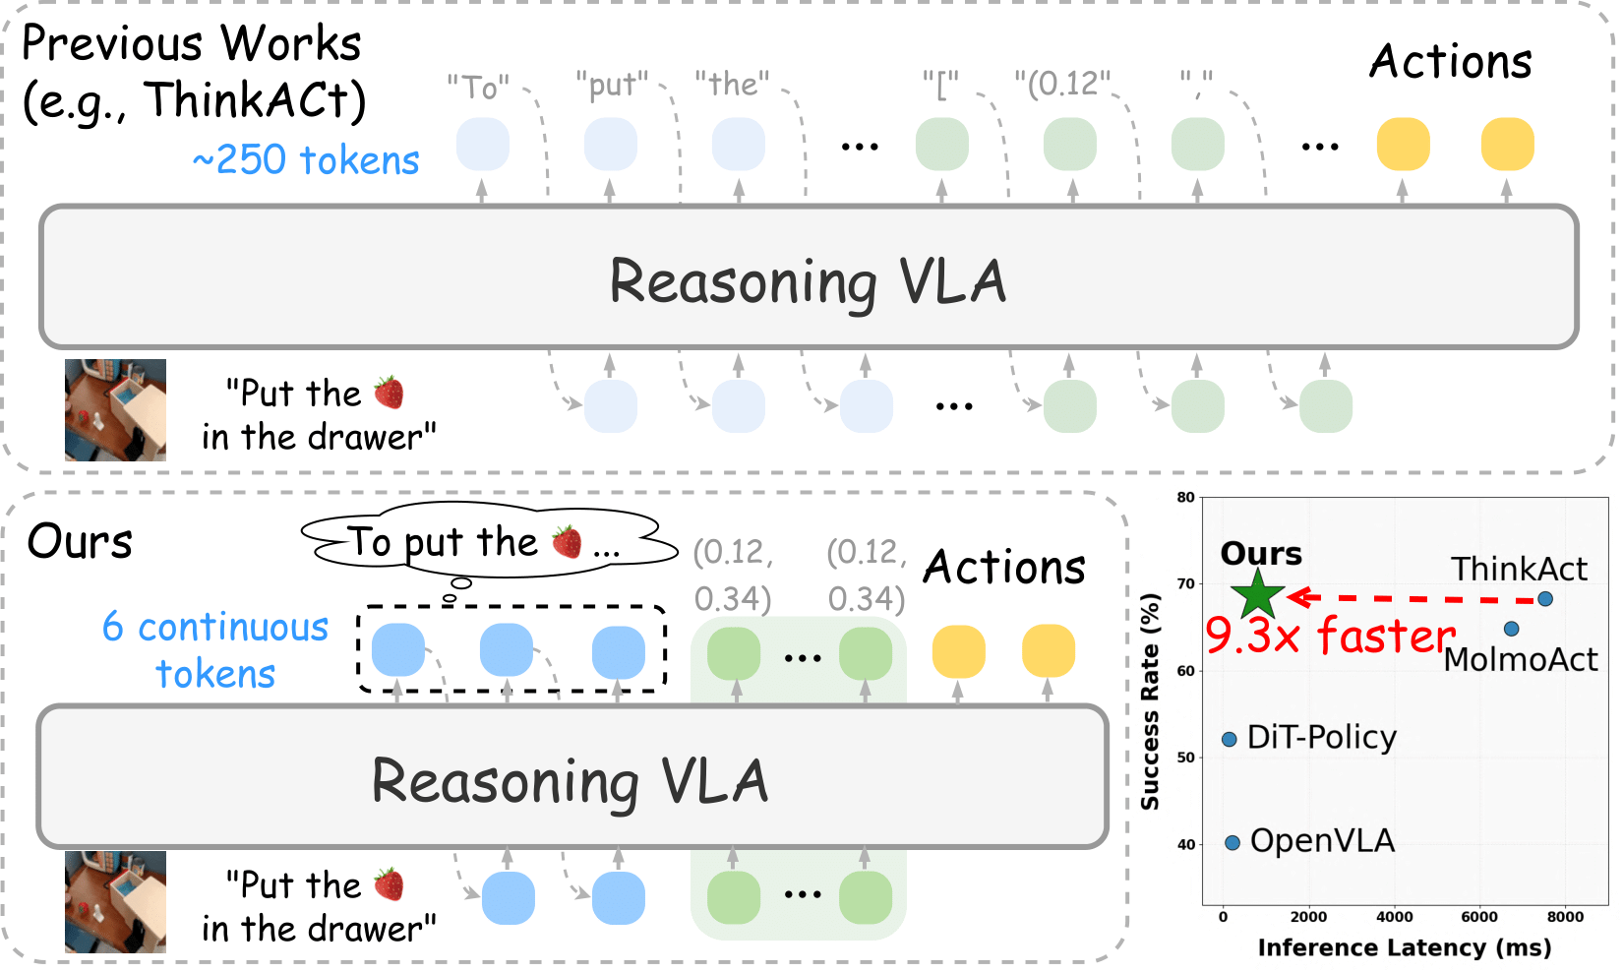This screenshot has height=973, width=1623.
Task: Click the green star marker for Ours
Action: click(1257, 594)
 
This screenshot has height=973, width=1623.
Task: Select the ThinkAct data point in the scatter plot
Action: click(1545, 599)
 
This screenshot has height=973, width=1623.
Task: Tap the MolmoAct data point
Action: click(1512, 629)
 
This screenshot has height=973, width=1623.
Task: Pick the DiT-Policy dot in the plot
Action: click(1230, 739)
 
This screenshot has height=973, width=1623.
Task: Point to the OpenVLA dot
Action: click(1232, 843)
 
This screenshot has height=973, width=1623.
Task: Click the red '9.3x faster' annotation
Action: click(1330, 636)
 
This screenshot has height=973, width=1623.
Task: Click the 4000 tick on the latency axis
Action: click(1395, 917)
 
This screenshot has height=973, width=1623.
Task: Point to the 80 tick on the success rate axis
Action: click(1186, 498)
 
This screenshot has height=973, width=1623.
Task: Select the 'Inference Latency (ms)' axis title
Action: click(1404, 947)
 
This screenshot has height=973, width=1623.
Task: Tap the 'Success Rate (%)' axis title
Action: click(1150, 701)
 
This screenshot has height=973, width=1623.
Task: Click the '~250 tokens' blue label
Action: click(306, 160)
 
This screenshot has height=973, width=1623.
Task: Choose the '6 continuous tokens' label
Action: click(215, 650)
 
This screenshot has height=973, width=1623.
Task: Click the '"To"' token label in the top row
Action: click(478, 88)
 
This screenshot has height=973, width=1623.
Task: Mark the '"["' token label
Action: click(940, 86)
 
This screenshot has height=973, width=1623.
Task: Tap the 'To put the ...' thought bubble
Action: click(487, 542)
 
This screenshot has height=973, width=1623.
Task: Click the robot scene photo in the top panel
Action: click(115, 410)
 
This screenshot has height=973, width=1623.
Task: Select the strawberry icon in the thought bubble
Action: click(567, 541)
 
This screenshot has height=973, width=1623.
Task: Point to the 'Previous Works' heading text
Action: click(192, 44)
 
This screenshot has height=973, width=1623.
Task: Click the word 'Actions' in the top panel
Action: click(1451, 62)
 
